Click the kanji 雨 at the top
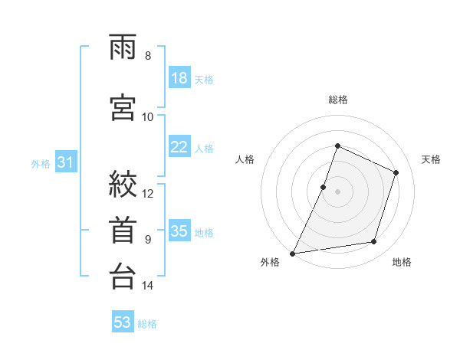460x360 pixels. tap(123, 47)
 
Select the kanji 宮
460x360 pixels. tap(123, 107)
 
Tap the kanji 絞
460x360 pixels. tap(123, 184)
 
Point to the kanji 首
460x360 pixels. tap(123, 230)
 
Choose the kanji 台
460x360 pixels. tap(123, 276)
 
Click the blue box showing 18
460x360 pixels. tap(179, 77)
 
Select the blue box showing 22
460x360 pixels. tap(179, 146)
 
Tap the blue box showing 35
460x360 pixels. tap(179, 230)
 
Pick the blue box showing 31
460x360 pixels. tap(66, 162)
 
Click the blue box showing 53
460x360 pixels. tap(123, 321)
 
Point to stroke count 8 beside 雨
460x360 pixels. tap(148, 56)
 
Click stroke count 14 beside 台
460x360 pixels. tap(147, 286)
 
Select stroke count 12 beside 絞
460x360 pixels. tap(147, 194)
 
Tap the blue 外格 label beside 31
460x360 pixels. tap(41, 164)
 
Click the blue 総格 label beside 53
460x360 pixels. tap(147, 324)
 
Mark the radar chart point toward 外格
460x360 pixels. tap(293, 254)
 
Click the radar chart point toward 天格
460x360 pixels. tap(396, 172)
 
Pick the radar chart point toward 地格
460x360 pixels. tap(374, 241)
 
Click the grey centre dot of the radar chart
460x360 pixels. tap(337, 191)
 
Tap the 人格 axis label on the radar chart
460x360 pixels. tap(245, 159)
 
